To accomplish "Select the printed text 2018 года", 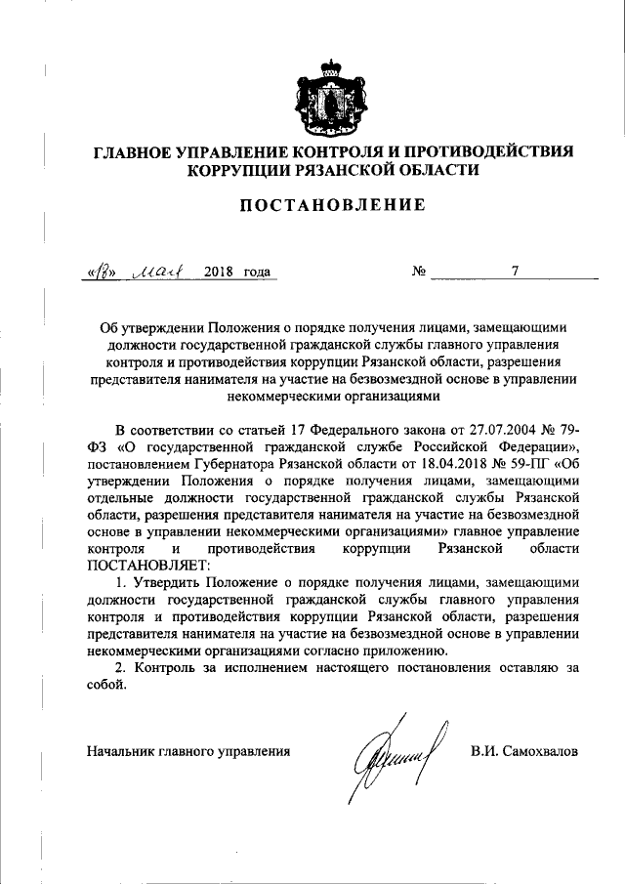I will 237,272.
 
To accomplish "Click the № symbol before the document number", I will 418,272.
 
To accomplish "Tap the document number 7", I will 514,271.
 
